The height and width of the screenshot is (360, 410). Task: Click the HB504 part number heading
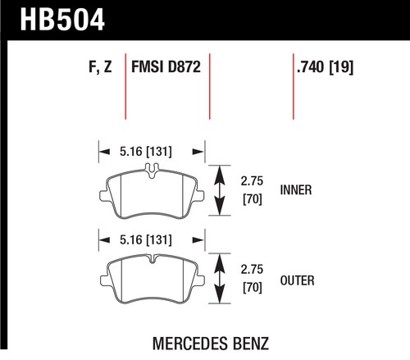(x=62, y=20)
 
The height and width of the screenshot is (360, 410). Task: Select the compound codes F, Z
(x=100, y=66)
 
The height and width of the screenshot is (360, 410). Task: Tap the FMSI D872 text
(x=166, y=66)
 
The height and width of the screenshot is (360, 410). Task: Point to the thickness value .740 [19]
(x=325, y=67)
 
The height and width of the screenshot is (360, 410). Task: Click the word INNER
(x=296, y=190)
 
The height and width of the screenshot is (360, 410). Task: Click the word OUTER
(x=297, y=280)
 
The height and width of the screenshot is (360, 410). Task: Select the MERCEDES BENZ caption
(x=211, y=344)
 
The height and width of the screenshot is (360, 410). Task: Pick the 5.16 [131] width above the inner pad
(x=146, y=152)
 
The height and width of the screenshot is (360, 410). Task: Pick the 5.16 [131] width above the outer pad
(x=146, y=240)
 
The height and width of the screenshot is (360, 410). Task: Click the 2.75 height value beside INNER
(x=252, y=181)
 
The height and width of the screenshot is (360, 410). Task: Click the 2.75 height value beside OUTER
(x=252, y=269)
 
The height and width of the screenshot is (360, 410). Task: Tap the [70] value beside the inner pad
(x=253, y=199)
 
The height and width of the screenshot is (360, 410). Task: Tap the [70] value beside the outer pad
(x=253, y=288)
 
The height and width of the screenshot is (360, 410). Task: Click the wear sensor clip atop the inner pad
(x=152, y=170)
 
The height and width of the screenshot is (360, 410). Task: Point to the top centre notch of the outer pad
(x=152, y=258)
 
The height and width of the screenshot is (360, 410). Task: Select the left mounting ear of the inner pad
(x=103, y=196)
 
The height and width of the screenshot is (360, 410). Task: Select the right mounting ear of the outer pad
(x=200, y=280)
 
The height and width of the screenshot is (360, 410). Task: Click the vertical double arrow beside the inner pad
(x=220, y=190)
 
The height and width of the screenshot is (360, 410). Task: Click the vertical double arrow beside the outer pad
(x=220, y=279)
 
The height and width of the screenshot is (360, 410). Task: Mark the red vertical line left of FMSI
(x=125, y=86)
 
